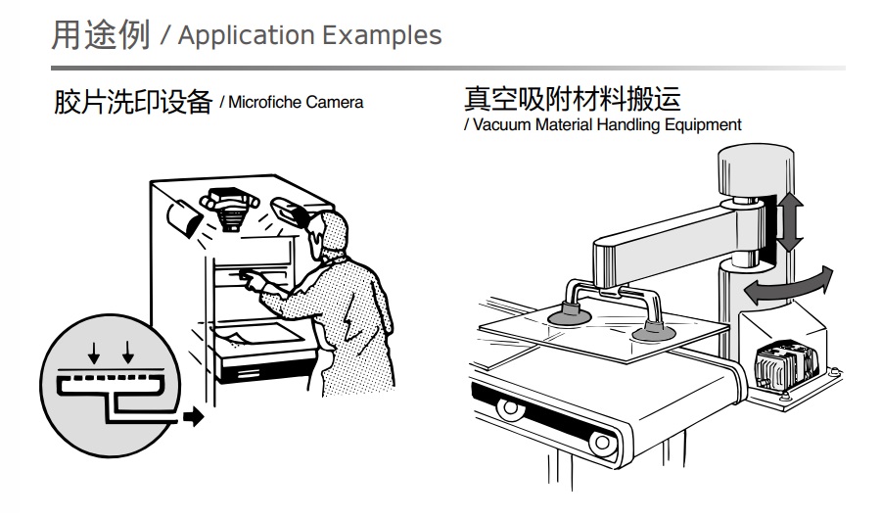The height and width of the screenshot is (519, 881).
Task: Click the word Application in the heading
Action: click(x=246, y=36)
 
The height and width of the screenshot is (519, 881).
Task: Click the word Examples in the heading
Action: click(x=382, y=35)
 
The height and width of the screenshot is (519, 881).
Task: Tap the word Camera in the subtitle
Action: click(x=335, y=103)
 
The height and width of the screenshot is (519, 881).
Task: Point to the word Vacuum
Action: click(x=502, y=124)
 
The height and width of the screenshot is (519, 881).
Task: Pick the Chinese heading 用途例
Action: click(x=101, y=35)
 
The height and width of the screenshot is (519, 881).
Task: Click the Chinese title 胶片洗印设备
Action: click(x=133, y=103)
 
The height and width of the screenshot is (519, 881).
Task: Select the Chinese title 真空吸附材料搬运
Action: click(x=573, y=98)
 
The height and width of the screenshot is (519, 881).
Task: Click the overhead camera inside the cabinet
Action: click(x=229, y=207)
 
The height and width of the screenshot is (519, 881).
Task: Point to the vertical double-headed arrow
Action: click(x=789, y=221)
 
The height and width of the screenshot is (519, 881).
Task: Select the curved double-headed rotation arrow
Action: click(x=788, y=286)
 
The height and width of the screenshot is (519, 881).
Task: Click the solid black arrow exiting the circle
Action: click(x=193, y=416)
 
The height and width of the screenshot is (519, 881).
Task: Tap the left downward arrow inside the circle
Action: click(x=94, y=352)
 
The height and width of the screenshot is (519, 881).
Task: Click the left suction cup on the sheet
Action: click(x=569, y=315)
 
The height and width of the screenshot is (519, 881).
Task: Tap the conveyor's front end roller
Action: click(x=603, y=443)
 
